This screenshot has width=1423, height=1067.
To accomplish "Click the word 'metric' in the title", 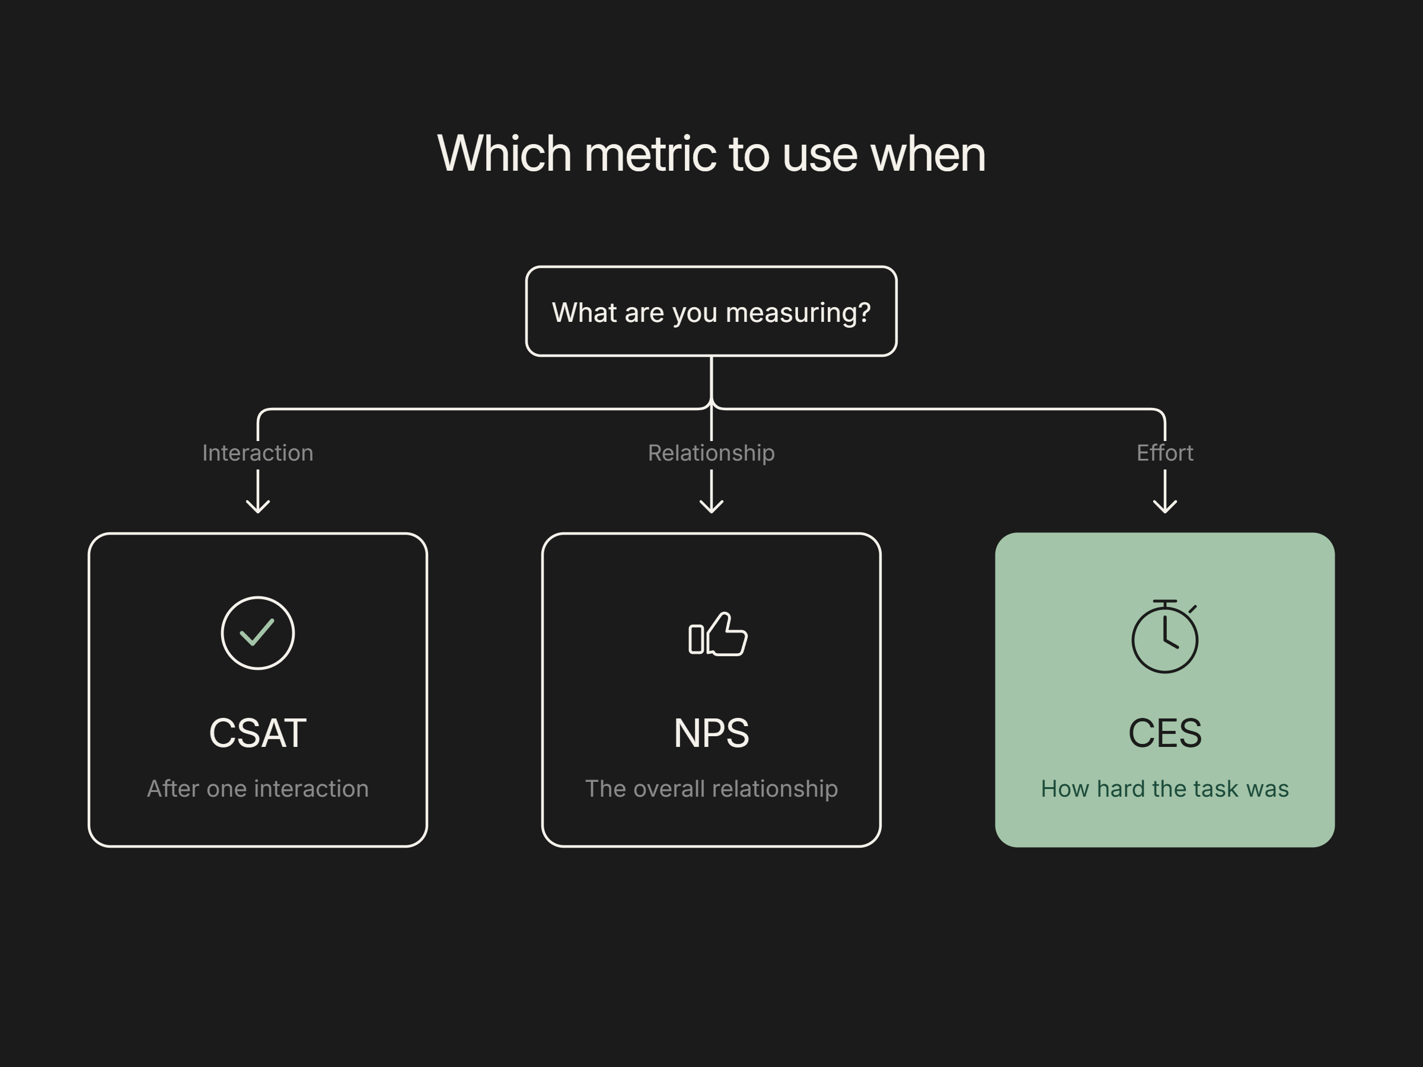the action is pyautogui.click(x=650, y=154).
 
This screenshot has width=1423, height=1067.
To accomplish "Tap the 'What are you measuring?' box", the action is pyautogui.click(x=711, y=311).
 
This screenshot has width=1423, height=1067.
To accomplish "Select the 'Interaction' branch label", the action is pyautogui.click(x=258, y=453).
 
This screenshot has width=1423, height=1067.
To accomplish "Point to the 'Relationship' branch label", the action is pyautogui.click(x=711, y=453).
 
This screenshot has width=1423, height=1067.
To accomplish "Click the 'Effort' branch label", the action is pyautogui.click(x=1165, y=453).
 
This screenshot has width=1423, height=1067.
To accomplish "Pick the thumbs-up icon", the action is pyautogui.click(x=718, y=634).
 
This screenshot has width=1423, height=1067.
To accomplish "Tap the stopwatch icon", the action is pyautogui.click(x=1165, y=637).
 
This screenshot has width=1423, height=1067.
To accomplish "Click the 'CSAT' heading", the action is pyautogui.click(x=258, y=733).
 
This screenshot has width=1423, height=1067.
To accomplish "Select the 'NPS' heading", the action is pyautogui.click(x=711, y=733).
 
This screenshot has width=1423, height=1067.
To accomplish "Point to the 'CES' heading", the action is pyautogui.click(x=1165, y=733).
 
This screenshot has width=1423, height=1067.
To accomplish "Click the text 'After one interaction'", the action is pyautogui.click(x=258, y=788).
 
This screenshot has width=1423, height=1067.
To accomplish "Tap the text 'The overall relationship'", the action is pyautogui.click(x=711, y=789).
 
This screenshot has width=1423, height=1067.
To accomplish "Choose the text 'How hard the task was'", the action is pyautogui.click(x=1165, y=788).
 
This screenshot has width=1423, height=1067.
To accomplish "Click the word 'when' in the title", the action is pyautogui.click(x=928, y=154).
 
